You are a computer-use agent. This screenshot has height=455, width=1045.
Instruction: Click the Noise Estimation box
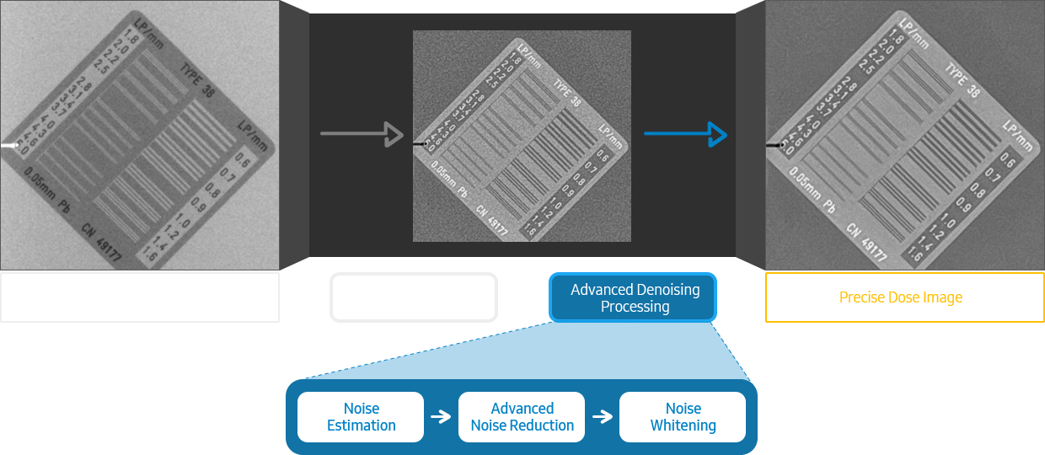coord(361,417)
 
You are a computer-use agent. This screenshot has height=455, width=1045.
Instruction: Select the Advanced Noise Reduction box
coord(522,417)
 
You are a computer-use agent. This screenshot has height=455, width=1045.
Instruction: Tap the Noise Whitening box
coord(683,417)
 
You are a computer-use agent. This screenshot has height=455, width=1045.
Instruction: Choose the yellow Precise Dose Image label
coord(901,297)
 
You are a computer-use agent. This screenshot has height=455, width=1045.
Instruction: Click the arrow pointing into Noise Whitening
coord(603,417)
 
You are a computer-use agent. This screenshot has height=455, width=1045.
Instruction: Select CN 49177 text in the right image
coord(865,240)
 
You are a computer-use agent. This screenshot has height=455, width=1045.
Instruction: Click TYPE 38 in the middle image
coord(566,93)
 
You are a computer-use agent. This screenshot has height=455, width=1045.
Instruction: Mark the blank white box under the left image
coord(137,299)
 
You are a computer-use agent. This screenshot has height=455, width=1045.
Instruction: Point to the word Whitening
coord(683,426)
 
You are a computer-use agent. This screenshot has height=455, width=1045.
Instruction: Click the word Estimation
coord(361,426)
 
